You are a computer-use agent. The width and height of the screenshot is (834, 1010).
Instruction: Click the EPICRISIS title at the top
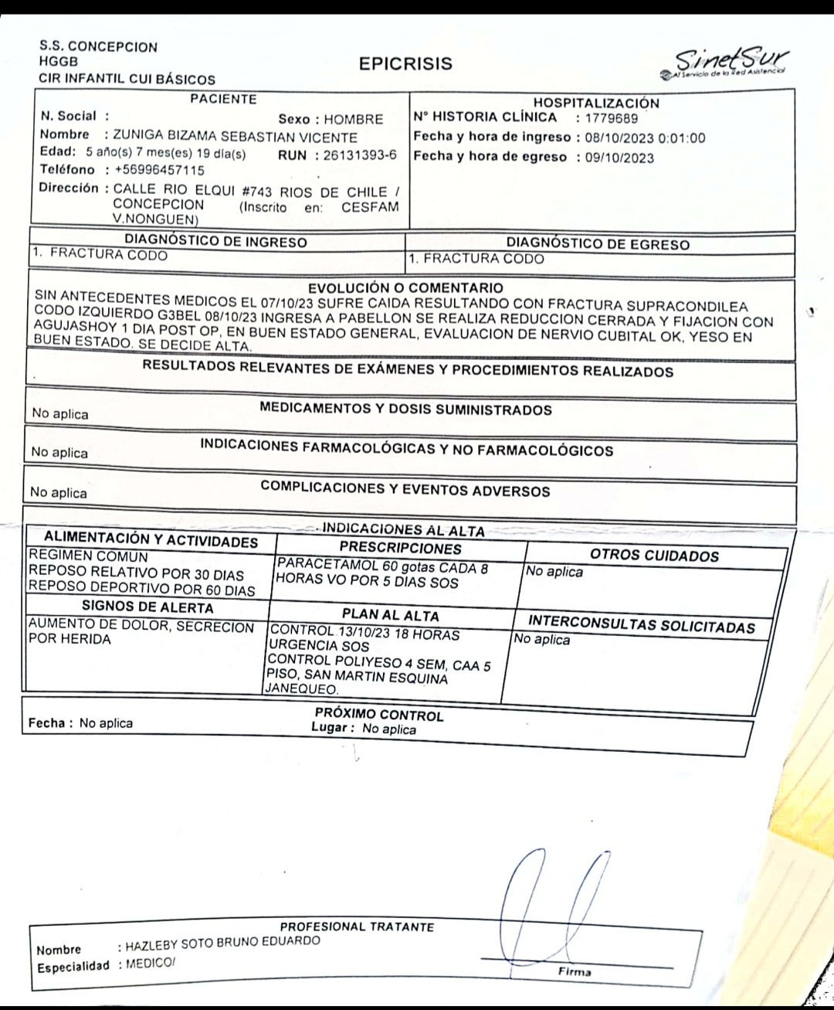[x=405, y=64]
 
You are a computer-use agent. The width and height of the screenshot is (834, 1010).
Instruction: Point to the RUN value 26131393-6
[x=360, y=155]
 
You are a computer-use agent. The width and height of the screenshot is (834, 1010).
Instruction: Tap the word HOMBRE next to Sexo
[x=353, y=120]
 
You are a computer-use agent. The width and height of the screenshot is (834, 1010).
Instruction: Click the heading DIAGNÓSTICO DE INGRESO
[x=215, y=241]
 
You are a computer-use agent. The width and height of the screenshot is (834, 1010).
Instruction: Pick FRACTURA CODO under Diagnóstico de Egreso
[x=483, y=259]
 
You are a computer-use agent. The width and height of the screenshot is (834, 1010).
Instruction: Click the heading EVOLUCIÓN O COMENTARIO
[x=405, y=288]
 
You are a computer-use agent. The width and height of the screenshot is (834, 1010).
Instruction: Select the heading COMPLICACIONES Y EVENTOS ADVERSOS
[x=405, y=490]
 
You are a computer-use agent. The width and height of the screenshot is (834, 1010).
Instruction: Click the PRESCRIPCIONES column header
[x=401, y=549]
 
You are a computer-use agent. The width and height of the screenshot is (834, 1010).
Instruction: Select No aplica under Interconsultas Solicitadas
[x=542, y=640]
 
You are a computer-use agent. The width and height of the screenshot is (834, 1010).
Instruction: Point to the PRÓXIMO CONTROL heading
[x=379, y=714]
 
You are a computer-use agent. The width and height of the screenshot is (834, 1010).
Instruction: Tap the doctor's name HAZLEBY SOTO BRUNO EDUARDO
[x=222, y=941]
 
